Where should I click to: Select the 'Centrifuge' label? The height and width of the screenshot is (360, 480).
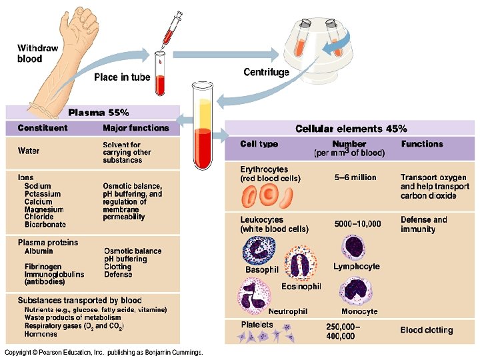pyautogui.click(x=267, y=72)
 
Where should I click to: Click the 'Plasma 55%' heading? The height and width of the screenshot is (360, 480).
pyautogui.click(x=99, y=112)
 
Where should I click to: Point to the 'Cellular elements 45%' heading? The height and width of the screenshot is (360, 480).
pyautogui.click(x=351, y=129)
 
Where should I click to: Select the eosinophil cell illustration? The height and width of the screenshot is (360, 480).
pyautogui.click(x=300, y=263)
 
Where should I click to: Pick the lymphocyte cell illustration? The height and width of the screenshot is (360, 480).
pyautogui.click(x=354, y=247)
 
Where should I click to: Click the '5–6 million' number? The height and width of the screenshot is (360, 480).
pyautogui.click(x=355, y=177)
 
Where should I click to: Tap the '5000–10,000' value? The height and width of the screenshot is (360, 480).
pyautogui.click(x=357, y=223)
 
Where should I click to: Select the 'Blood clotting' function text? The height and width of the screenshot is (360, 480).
pyautogui.click(x=426, y=330)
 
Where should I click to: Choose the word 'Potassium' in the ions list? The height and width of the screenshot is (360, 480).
pyautogui.click(x=43, y=194)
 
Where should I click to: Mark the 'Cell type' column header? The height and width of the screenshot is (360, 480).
pyautogui.click(x=259, y=144)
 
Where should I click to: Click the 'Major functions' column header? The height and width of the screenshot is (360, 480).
pyautogui.click(x=136, y=127)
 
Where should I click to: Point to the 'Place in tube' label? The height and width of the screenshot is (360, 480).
pyautogui.click(x=122, y=77)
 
